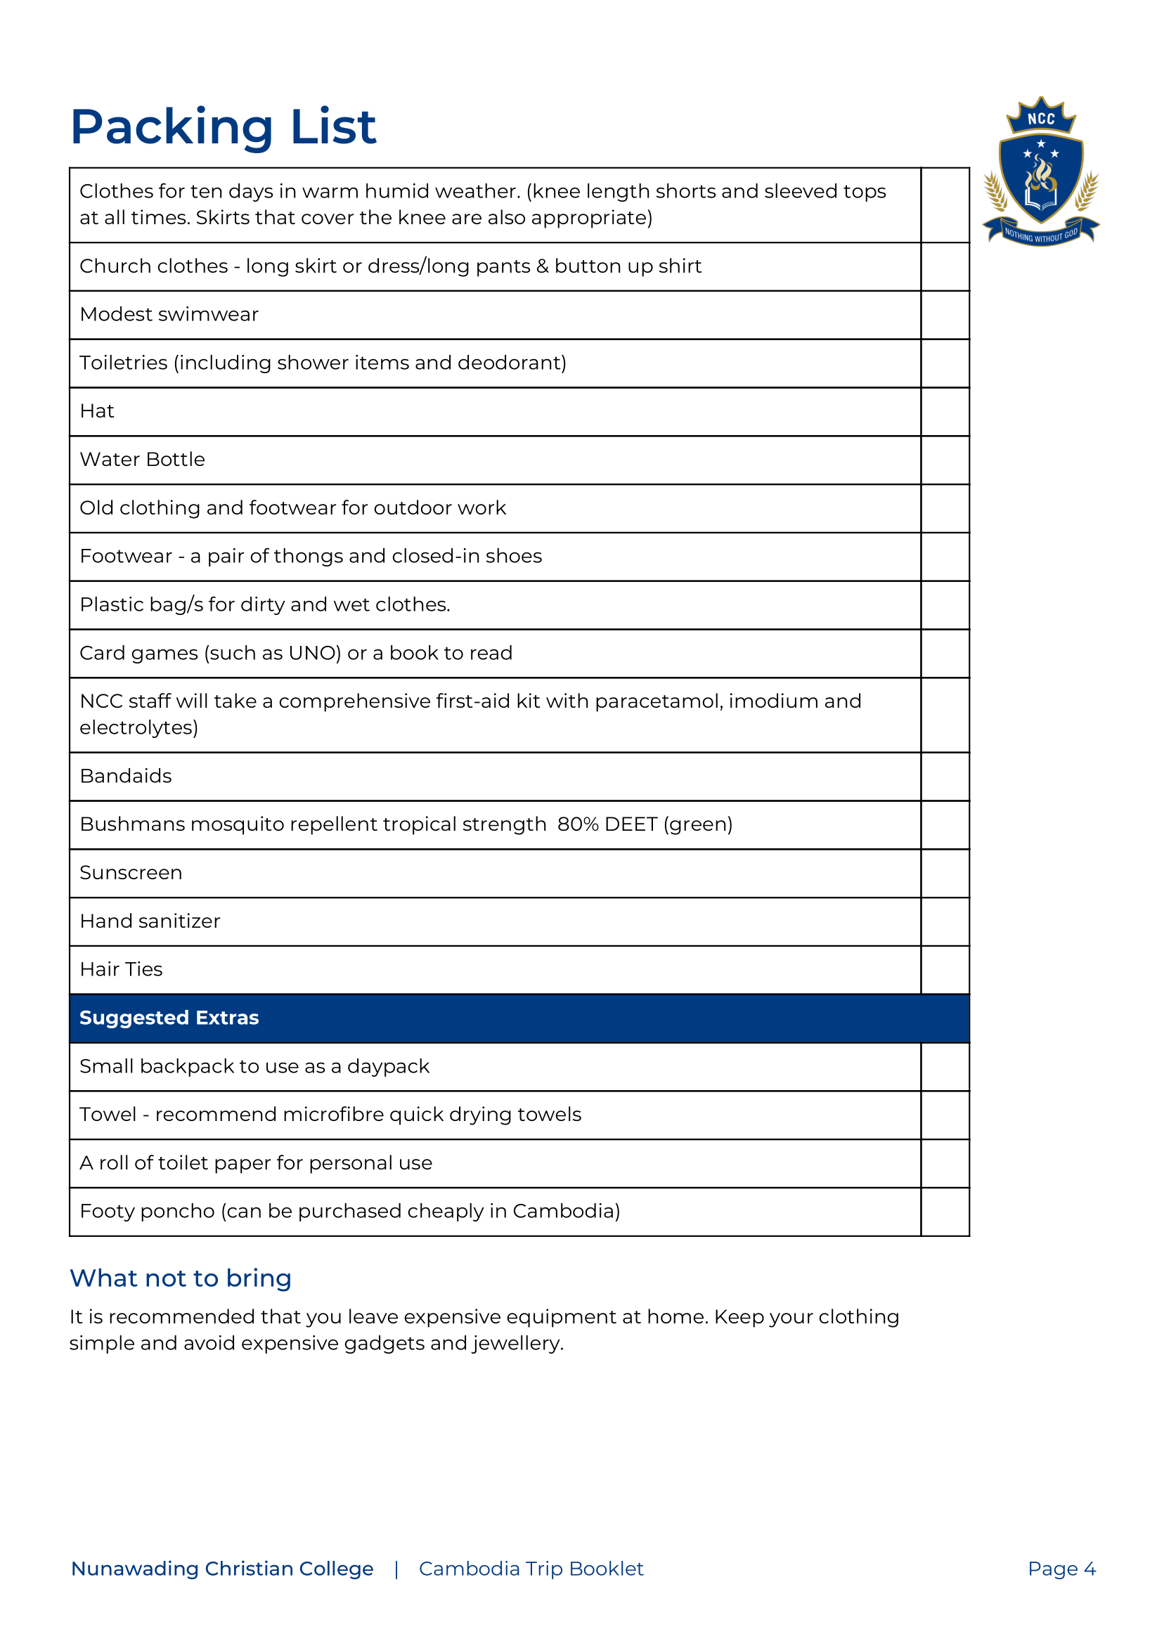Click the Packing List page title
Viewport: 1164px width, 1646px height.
coord(223,127)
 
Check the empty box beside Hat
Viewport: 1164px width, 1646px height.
coord(945,412)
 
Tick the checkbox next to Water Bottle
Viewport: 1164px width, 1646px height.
coord(945,460)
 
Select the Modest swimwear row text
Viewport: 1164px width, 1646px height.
coord(169,315)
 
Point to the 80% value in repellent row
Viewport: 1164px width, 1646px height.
coord(577,824)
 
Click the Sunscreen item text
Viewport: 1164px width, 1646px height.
coord(131,873)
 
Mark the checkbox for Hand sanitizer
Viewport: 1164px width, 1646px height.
coord(945,921)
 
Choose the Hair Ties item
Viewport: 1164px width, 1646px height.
coord(121,969)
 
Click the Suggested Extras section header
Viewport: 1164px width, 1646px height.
coord(169,1018)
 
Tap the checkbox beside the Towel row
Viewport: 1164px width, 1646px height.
coord(945,1115)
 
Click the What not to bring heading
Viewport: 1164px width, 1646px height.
coord(180,1278)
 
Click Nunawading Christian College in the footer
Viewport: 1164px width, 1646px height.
coord(221,1569)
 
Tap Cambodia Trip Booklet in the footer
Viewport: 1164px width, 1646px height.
coord(531,1569)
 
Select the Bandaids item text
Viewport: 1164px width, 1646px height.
coord(126,777)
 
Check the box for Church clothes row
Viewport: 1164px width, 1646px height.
coord(945,266)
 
